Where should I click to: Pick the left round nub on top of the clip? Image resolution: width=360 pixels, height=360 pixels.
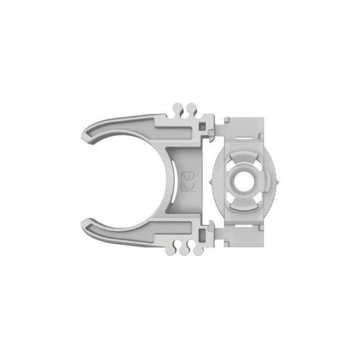(x=179, y=107)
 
